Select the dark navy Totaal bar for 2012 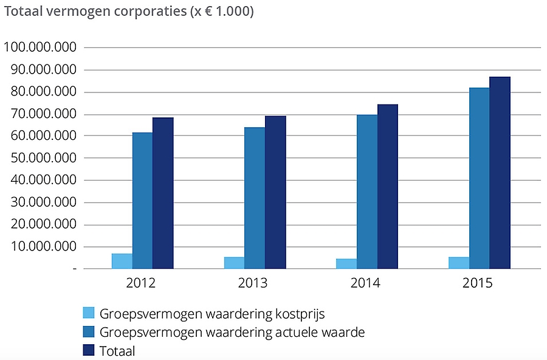coord(163,193)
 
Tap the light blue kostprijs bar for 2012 coord(122,261)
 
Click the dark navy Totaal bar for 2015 coord(500,173)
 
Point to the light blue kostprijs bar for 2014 coord(346,263)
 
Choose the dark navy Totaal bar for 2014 coord(387,187)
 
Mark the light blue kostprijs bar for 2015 coord(459,263)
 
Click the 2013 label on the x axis coord(253,283)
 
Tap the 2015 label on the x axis coord(477,283)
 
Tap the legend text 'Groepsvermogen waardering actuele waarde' coord(232,333)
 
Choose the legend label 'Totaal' coord(117,351)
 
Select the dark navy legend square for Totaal coord(88,350)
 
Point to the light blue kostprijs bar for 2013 coord(234,263)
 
